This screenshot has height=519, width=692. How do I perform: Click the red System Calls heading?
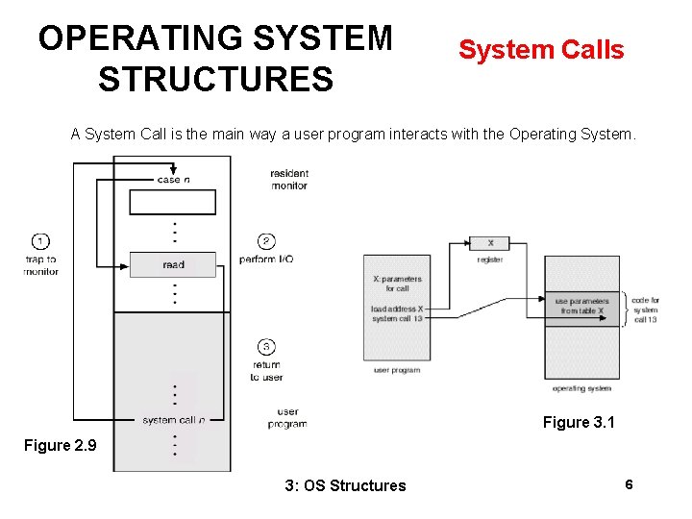tap(541, 50)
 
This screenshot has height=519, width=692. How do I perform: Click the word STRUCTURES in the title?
tap(215, 79)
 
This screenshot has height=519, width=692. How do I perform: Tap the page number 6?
tap(629, 484)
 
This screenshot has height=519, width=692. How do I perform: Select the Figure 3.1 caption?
tap(579, 422)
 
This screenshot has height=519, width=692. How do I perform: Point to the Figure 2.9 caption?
tap(61, 445)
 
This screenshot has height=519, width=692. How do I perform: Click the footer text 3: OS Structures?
tap(346, 485)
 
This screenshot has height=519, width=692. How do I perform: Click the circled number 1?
tap(40, 241)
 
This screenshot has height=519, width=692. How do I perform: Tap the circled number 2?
tap(266, 241)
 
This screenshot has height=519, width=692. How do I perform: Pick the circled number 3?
tap(266, 347)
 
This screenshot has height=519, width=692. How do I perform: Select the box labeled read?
tap(173, 264)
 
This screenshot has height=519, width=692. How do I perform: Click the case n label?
tap(173, 180)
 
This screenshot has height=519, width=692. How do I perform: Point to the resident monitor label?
tap(289, 180)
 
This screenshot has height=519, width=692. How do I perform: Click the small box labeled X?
tap(490, 243)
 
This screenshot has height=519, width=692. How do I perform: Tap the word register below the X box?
tap(490, 259)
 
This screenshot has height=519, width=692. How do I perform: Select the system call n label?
tap(173, 420)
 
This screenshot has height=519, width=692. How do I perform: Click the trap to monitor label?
tap(40, 265)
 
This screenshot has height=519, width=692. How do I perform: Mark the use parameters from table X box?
tap(582, 307)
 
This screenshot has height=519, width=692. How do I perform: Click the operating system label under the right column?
tap(582, 388)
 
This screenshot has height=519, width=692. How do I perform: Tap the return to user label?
tap(266, 371)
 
